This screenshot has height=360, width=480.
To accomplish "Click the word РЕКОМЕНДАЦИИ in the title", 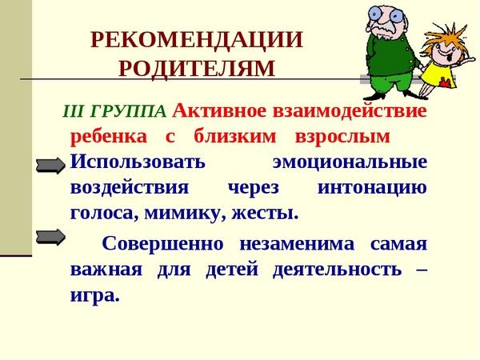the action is point(197,39).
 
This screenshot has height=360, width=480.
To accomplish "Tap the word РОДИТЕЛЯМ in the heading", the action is point(197,68).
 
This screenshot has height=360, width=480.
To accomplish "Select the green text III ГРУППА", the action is point(114,111).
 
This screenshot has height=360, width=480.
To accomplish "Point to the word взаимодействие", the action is point(350,111).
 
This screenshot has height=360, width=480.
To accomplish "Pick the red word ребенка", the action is point(109,136).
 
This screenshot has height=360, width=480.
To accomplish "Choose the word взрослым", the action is point(342,137).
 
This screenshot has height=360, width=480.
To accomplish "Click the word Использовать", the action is point(138,161).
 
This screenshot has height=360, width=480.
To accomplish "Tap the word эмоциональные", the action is point(350,162).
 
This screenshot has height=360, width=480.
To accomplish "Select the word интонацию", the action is point(372,188).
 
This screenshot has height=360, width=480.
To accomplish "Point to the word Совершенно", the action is point(162,244).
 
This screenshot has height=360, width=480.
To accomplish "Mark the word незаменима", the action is point(297,245).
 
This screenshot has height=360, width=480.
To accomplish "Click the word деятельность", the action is point(337,270).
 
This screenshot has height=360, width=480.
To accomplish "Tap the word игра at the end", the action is point(94,296).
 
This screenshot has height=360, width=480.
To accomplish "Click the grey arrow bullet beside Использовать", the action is point(51,166).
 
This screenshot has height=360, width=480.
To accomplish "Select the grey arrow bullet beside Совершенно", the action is point(51,238).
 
